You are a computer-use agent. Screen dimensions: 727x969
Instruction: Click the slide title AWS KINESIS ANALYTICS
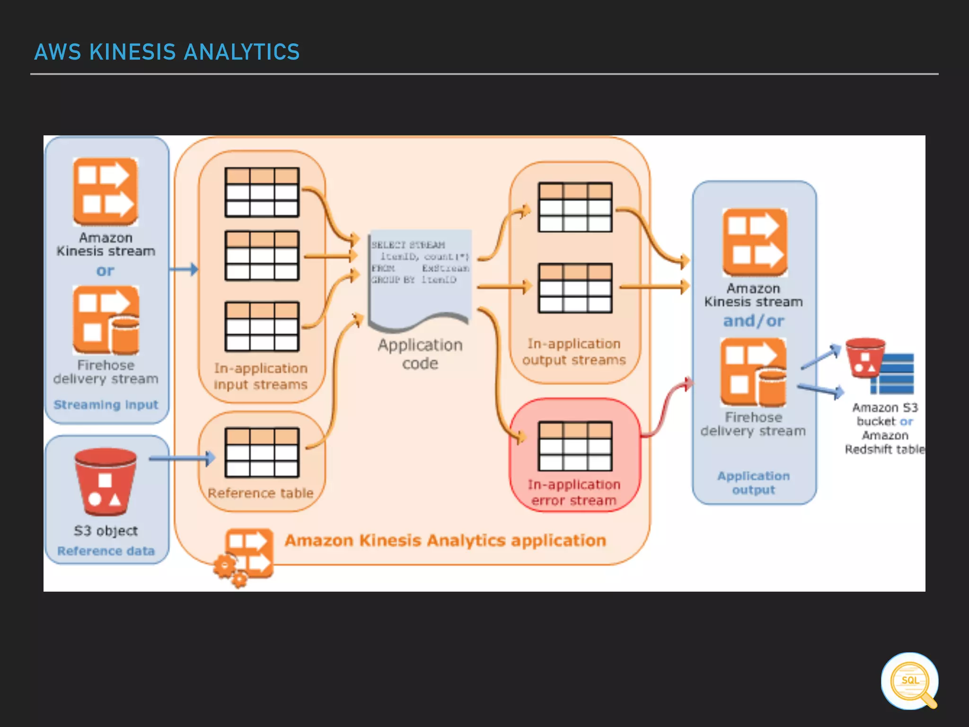167,52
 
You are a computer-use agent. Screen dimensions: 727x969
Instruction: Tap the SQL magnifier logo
909,681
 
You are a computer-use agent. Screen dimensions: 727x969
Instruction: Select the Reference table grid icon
262,452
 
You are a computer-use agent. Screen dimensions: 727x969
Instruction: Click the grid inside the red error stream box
575,446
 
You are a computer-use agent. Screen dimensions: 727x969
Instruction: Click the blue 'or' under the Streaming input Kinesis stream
105,271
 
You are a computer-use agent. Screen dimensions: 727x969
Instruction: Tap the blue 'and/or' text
753,321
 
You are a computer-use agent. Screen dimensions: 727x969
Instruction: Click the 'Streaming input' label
106,405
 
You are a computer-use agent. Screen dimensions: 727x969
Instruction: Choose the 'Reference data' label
106,551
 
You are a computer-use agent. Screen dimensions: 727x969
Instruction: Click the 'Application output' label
753,483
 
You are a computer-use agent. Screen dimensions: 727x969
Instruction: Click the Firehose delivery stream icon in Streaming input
106,320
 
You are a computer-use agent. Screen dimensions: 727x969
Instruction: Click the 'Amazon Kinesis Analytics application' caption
445,541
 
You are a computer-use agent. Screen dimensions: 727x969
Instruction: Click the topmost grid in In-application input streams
262,192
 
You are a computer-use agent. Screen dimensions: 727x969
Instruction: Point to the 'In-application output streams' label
574,352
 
